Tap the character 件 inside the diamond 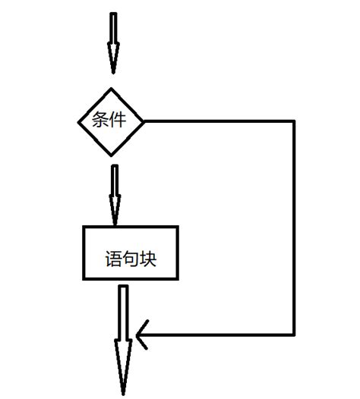click(118, 120)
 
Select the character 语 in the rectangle click(114, 259)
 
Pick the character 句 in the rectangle click(131, 259)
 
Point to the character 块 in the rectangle click(148, 259)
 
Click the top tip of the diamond click(111, 88)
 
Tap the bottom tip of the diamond click(111, 156)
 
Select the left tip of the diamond click(78, 122)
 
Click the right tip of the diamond click(144, 121)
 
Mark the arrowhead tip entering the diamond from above click(113, 74)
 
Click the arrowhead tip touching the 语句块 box click(115, 225)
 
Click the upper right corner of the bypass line click(294, 121)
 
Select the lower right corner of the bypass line click(294, 335)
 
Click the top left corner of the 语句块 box click(84, 227)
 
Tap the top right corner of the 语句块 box click(177, 227)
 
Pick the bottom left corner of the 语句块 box click(84, 279)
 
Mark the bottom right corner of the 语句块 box click(177, 279)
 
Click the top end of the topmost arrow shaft click(113, 13)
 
